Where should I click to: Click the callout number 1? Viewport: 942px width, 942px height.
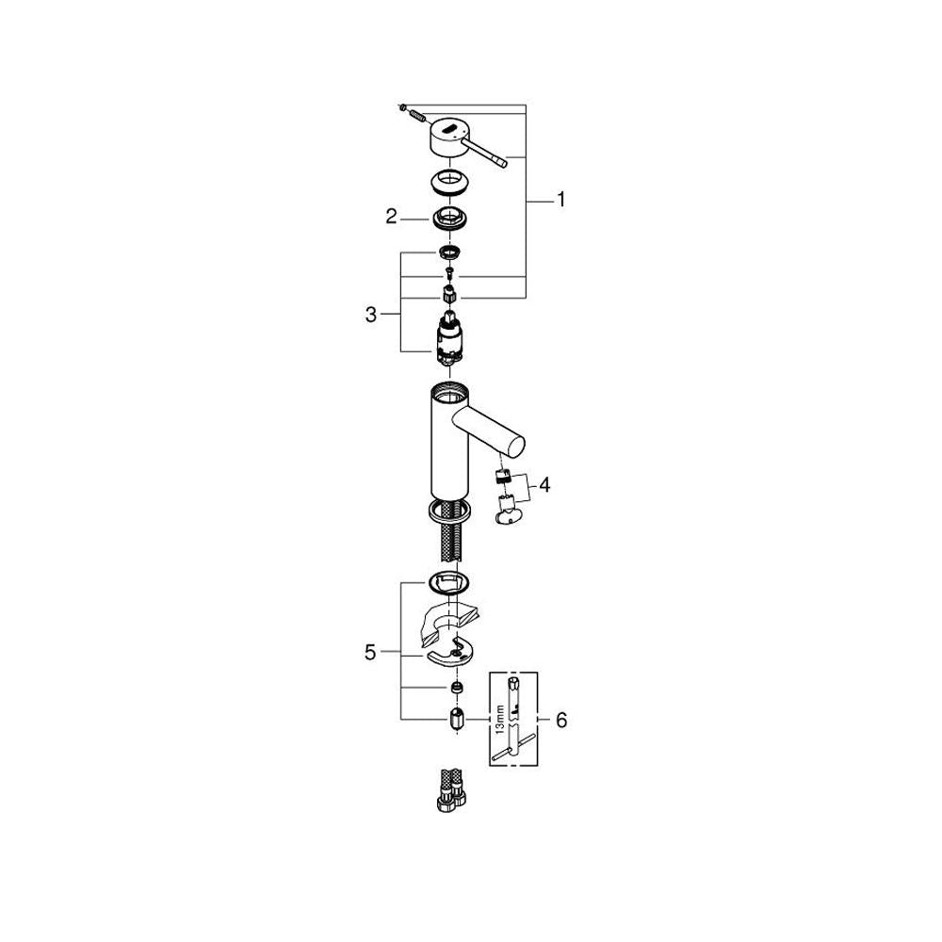pos(561,200)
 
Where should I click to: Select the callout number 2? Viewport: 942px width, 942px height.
pos(391,217)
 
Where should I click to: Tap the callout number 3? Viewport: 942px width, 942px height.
pos(370,315)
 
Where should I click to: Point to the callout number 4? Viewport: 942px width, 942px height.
pos(544,485)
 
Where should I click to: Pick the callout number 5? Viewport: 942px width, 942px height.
pos(370,652)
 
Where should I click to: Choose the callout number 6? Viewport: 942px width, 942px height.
pos(561,720)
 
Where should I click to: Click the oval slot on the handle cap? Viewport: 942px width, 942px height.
pos(449,127)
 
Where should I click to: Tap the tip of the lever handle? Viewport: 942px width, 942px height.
pos(503,161)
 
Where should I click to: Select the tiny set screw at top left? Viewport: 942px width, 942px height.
pos(402,107)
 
